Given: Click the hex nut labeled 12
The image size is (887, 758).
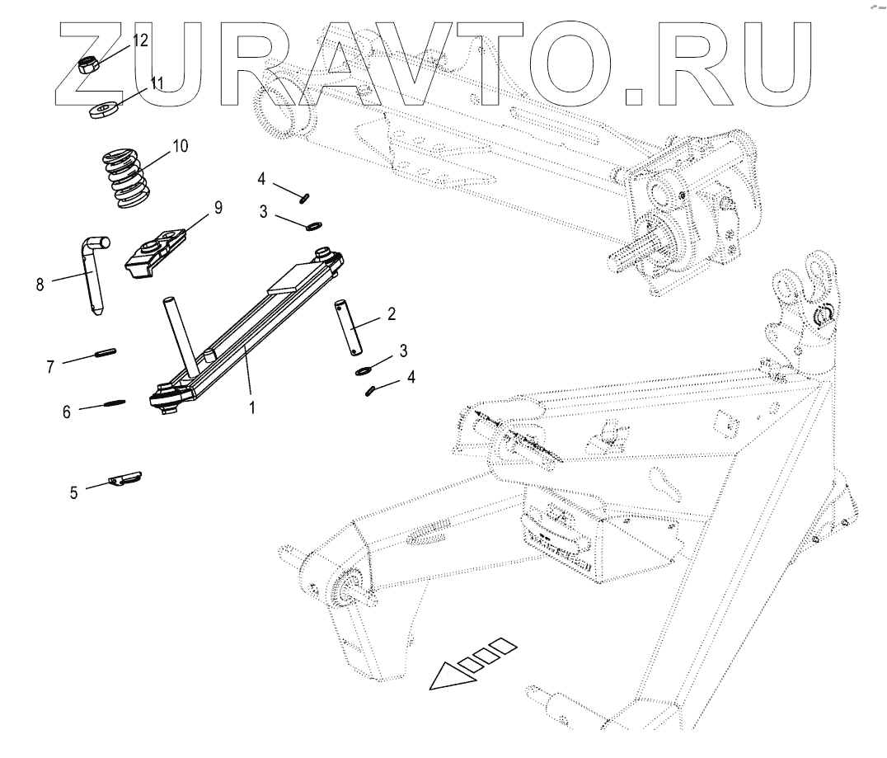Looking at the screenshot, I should tap(89, 64).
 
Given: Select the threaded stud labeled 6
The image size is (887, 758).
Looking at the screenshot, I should tap(114, 403).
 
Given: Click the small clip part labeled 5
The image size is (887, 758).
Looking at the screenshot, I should tap(126, 479).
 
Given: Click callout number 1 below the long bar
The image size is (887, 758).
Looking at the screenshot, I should tap(252, 407).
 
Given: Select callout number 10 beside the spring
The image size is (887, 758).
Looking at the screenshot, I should tap(180, 146).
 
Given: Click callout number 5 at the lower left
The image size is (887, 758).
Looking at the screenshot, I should tap(73, 492).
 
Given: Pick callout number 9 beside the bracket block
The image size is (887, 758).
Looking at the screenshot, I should tap(218, 208).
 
